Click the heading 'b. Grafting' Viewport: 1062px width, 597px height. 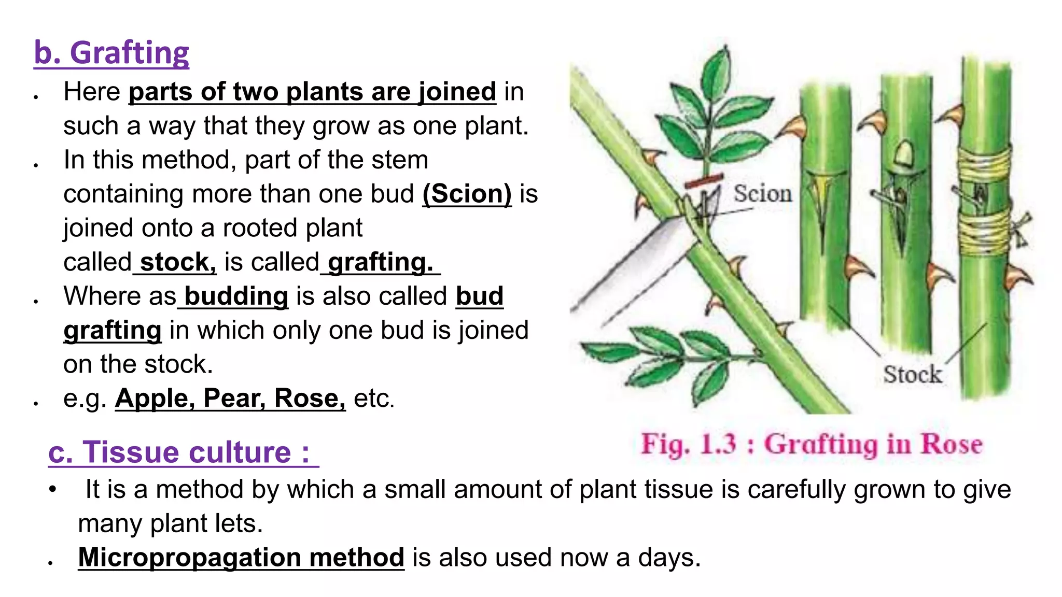click(x=111, y=53)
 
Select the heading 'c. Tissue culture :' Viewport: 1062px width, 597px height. click(x=179, y=452)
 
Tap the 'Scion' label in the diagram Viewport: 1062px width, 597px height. click(x=762, y=194)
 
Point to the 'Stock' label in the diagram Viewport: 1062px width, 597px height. click(x=912, y=374)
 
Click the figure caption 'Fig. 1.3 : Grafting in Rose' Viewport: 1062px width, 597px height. click(x=812, y=445)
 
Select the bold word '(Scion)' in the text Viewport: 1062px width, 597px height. click(x=467, y=194)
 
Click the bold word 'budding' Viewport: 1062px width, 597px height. click(x=236, y=296)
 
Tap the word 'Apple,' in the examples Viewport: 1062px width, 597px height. click(x=155, y=398)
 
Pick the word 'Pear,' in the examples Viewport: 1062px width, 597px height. click(x=234, y=398)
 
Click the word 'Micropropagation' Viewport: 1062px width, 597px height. click(x=190, y=558)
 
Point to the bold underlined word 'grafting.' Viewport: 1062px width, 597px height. click(x=380, y=262)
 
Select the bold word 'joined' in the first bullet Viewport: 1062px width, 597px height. click(x=457, y=92)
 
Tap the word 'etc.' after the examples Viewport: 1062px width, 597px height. click(x=374, y=398)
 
